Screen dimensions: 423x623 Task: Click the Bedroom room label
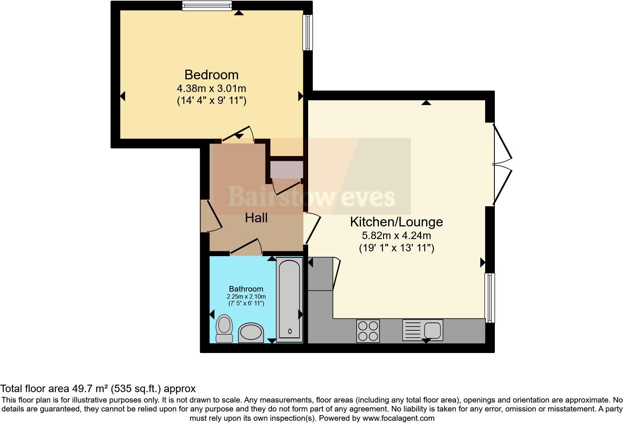(x=211, y=75)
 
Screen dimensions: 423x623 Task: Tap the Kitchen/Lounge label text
(x=396, y=222)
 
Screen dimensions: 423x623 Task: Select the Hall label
(x=256, y=218)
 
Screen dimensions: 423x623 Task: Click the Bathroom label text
(x=246, y=289)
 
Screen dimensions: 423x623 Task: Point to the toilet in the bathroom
(x=224, y=328)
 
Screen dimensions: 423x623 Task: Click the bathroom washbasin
(x=251, y=333)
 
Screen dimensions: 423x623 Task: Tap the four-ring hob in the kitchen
(x=368, y=331)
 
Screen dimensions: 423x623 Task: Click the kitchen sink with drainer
(x=423, y=330)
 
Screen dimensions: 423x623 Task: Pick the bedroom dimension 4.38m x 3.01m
(x=211, y=89)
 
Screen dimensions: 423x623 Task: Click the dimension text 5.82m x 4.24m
(x=396, y=236)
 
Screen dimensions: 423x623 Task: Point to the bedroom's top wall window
(x=207, y=6)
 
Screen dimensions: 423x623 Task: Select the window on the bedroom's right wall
(x=307, y=32)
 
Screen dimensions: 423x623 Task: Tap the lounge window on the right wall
(x=490, y=298)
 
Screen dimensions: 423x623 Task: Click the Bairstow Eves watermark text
(x=311, y=197)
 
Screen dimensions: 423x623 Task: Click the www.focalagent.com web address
(x=398, y=418)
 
